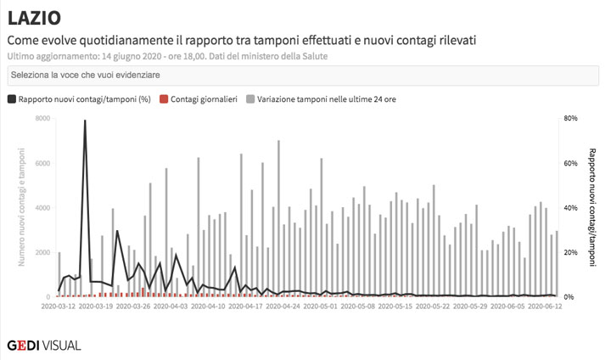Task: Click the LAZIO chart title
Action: tap(34, 18)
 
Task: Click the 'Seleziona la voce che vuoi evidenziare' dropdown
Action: tap(304, 76)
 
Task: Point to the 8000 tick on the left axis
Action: tap(42, 118)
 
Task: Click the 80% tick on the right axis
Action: tap(571, 118)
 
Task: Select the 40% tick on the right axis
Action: tap(571, 208)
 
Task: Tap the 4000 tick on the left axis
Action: tap(42, 208)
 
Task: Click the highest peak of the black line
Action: tap(85, 121)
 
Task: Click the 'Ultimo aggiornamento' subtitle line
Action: tap(167, 56)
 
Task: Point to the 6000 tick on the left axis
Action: tap(42, 163)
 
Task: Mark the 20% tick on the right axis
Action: tap(571, 252)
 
